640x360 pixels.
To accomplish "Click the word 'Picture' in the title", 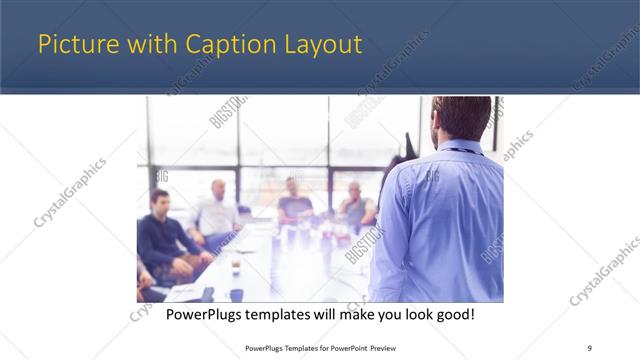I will (73, 44).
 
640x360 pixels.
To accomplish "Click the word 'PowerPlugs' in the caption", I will (207, 314).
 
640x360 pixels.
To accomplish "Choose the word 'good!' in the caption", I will (453, 314).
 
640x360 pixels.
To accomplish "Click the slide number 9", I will (589, 347).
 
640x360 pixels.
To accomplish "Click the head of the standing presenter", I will (460, 117).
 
